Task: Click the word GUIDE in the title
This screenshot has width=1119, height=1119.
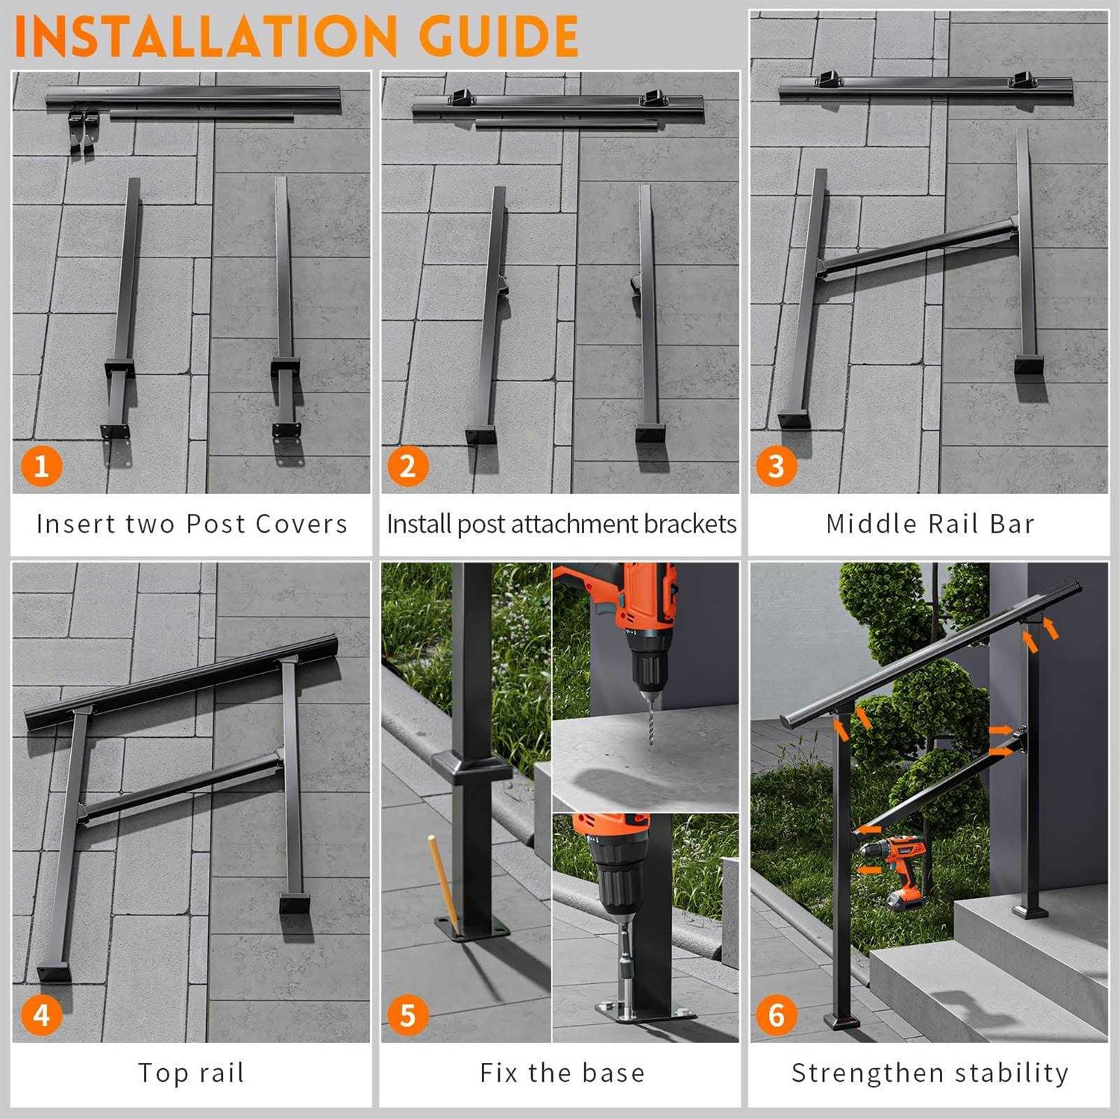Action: [x=498, y=36]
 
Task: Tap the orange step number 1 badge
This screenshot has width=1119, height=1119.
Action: [x=41, y=466]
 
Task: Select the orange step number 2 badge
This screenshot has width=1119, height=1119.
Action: [x=408, y=466]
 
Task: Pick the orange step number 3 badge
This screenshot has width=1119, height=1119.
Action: [x=777, y=466]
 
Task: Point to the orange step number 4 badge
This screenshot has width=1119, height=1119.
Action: [x=41, y=1015]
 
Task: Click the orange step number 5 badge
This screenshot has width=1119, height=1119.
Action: [x=408, y=1015]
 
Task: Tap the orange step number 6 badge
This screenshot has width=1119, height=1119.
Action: [x=777, y=1015]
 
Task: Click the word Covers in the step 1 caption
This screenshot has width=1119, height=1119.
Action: [x=301, y=524]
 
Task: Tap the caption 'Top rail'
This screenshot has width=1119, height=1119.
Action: [x=192, y=1073]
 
